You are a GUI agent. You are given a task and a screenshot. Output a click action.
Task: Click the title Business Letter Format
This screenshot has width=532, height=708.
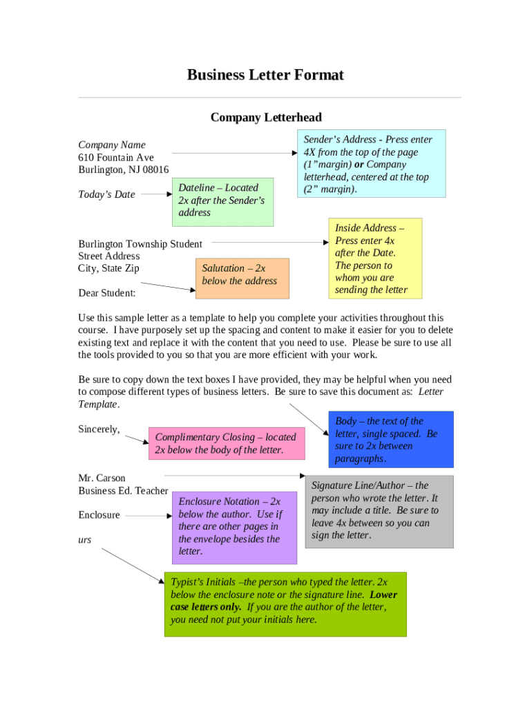pyautogui.click(x=265, y=75)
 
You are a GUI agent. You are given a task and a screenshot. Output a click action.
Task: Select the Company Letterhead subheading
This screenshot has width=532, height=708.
pyautogui.click(x=266, y=118)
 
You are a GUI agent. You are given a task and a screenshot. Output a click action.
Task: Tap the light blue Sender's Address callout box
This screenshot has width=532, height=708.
pyautogui.click(x=370, y=164)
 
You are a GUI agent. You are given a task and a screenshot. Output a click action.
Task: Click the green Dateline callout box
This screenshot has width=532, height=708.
pyautogui.click(x=222, y=201)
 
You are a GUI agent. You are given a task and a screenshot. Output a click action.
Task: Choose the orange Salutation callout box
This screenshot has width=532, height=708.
pyautogui.click(x=242, y=278)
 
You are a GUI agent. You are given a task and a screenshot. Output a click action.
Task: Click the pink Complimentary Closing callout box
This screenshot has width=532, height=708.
pyautogui.click(x=226, y=443)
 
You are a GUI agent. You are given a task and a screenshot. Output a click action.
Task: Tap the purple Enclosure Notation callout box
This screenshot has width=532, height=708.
pyautogui.click(x=234, y=527)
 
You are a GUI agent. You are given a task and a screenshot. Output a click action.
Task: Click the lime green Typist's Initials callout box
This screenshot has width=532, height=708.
pyautogui.click(x=285, y=604)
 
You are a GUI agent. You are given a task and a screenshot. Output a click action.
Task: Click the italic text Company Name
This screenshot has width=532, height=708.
pyautogui.click(x=112, y=145)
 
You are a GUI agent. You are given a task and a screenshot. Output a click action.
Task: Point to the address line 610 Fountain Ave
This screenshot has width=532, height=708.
pyautogui.click(x=116, y=158)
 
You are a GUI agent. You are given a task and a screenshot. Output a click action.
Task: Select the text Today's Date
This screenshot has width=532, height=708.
pyautogui.click(x=106, y=194)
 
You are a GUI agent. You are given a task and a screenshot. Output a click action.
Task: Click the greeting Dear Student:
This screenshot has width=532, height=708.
pyautogui.click(x=107, y=293)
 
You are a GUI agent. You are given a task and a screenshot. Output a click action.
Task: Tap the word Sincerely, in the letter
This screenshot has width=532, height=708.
pyautogui.click(x=99, y=429)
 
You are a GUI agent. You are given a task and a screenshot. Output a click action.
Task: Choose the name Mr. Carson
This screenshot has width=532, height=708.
pyautogui.click(x=102, y=478)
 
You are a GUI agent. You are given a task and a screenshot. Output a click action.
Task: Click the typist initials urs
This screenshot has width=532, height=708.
pyautogui.click(x=84, y=539)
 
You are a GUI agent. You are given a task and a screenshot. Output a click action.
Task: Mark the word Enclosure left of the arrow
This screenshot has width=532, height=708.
pyautogui.click(x=99, y=515)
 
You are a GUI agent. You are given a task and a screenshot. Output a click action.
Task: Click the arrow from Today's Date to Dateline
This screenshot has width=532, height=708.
pyautogui.click(x=156, y=194)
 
